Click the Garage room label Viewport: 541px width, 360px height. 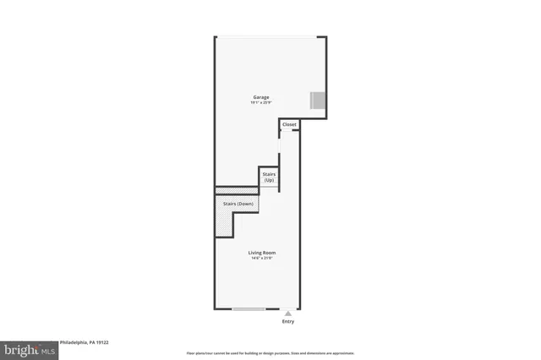pyautogui.click(x=261, y=97)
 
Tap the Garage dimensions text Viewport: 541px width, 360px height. pyautogui.click(x=261, y=103)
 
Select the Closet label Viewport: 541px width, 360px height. pyautogui.click(x=289, y=124)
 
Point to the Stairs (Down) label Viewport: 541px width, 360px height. pyautogui.click(x=238, y=204)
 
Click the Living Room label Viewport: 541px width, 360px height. pyautogui.click(x=261, y=253)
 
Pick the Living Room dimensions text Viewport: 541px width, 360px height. pyautogui.click(x=261, y=259)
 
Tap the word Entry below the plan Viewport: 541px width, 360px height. pyautogui.click(x=287, y=321)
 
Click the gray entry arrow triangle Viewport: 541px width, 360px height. pyautogui.click(x=287, y=313)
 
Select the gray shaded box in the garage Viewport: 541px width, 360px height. pyautogui.click(x=318, y=101)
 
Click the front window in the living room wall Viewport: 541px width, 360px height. pyautogui.click(x=249, y=308)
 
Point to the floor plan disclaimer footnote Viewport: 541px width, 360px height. pyautogui.click(x=270, y=352)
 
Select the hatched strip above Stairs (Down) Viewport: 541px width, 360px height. pyautogui.click(x=236, y=191)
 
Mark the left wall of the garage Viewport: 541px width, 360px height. pyautogui.click(x=214, y=110)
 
